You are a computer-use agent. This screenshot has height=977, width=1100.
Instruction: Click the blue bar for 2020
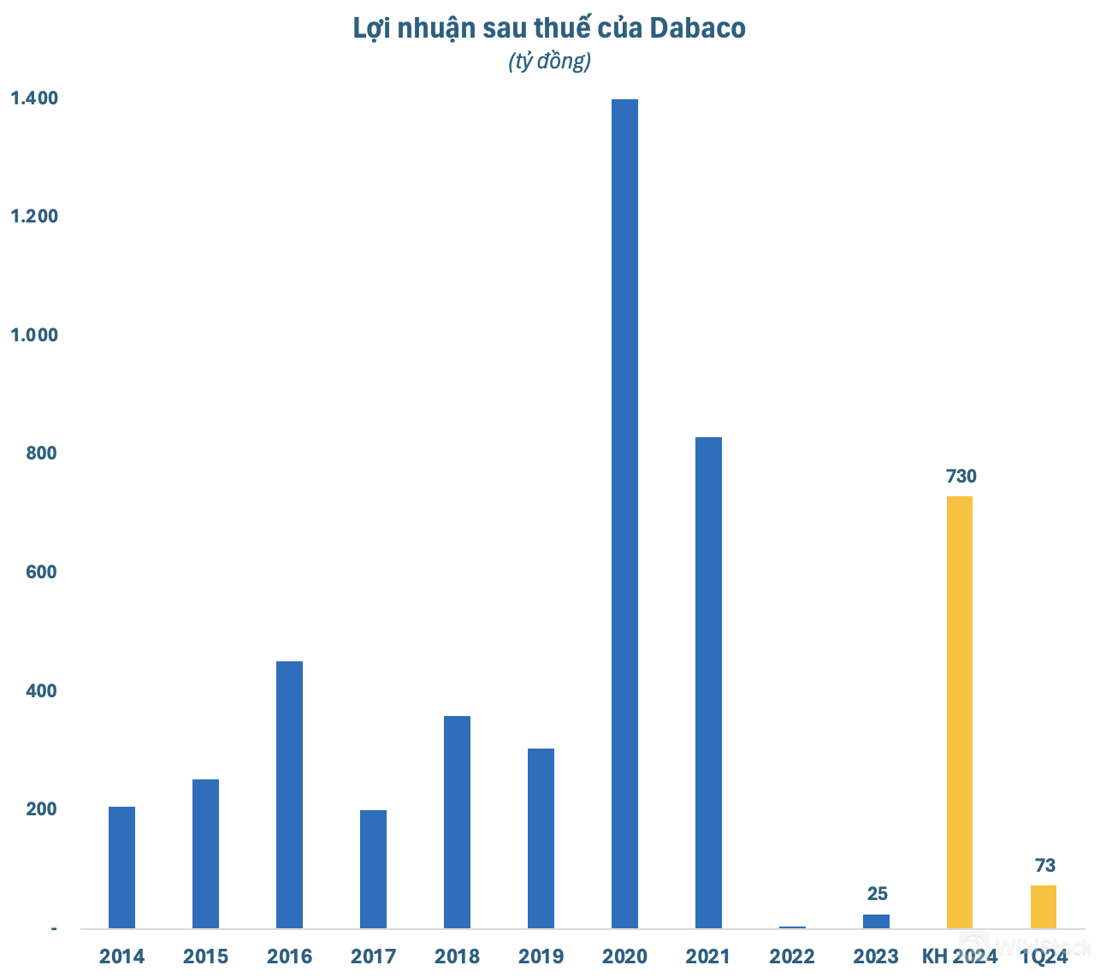(x=624, y=513)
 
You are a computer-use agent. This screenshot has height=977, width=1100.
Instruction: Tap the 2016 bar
(x=289, y=795)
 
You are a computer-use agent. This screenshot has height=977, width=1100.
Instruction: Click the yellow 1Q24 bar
(x=1043, y=907)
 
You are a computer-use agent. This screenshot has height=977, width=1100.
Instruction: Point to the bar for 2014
(x=121, y=867)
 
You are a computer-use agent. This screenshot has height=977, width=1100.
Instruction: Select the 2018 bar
(x=457, y=822)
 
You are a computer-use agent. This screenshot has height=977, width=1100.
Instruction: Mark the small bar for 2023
(x=876, y=921)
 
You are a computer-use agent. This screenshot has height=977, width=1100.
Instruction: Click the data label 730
(x=961, y=477)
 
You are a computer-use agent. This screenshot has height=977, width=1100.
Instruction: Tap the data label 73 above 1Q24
(x=1044, y=866)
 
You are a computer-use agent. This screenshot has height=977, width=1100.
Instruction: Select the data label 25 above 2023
(x=877, y=894)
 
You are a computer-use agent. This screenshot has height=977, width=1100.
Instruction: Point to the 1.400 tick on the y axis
(x=34, y=98)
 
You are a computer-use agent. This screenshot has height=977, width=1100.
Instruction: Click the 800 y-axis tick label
(x=40, y=453)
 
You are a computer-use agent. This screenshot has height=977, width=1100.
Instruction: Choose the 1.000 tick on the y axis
(x=34, y=335)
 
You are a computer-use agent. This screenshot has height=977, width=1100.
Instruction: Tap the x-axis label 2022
(x=792, y=956)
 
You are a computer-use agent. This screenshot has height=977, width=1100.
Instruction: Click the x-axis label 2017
(x=373, y=956)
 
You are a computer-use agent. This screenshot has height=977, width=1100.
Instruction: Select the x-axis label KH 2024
(x=960, y=956)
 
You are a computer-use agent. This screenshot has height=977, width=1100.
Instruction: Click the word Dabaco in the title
(x=697, y=28)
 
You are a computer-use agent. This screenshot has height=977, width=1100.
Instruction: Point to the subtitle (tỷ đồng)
(x=549, y=62)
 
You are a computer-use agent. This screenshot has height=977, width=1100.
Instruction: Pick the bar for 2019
(x=541, y=838)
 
